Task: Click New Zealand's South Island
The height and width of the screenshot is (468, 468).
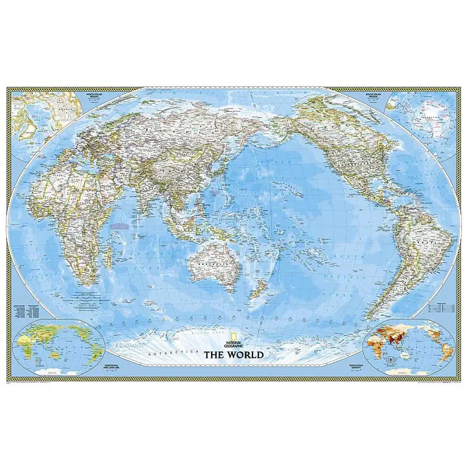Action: pyautogui.click(x=254, y=294)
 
